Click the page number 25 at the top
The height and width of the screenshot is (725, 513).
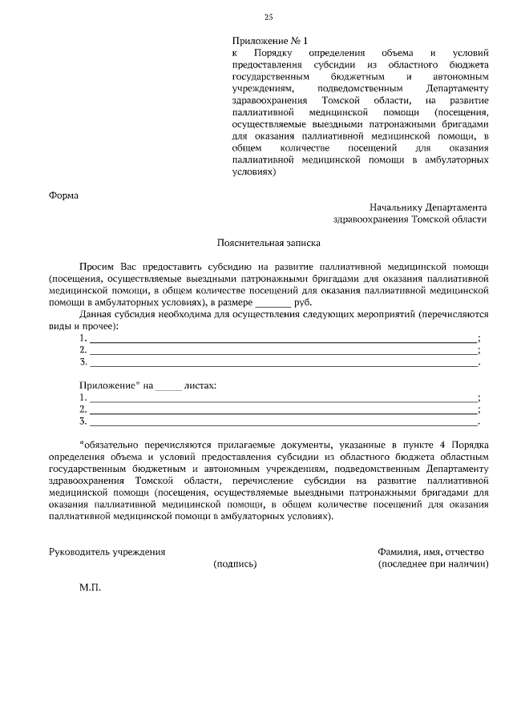269,18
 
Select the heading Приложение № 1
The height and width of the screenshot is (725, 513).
269,39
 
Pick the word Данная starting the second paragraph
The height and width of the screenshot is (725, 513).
96,316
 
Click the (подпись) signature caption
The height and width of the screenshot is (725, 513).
235,564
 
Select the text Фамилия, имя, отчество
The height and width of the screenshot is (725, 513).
430,552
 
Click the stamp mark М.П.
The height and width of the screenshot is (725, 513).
91,587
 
